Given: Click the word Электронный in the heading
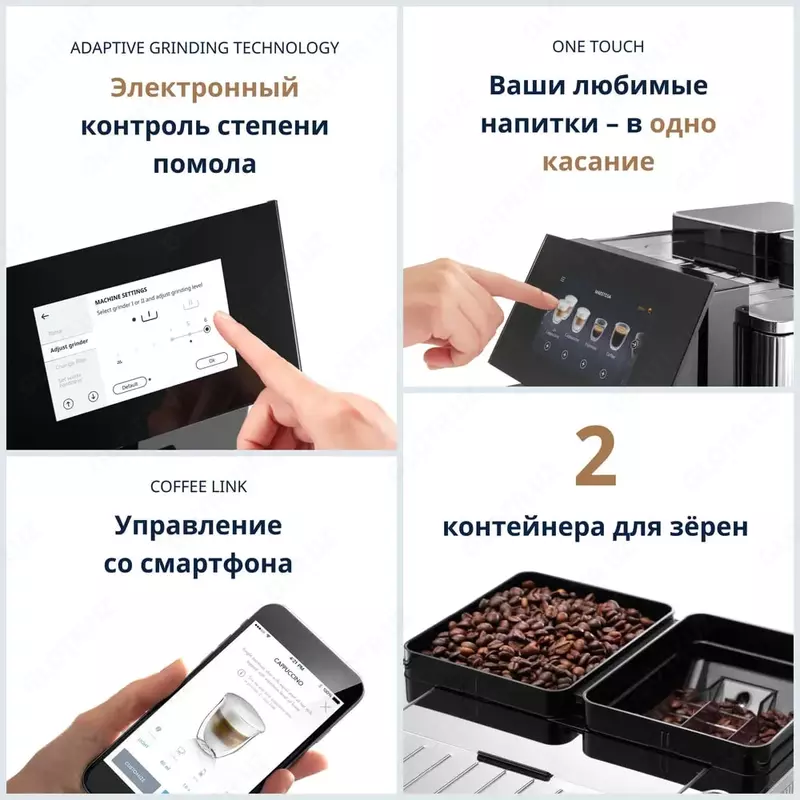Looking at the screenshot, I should tap(204, 88).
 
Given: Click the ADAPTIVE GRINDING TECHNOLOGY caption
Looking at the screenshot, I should tap(204, 48).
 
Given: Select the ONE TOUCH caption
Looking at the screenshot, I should tap(598, 48).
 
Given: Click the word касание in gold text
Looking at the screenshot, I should tap(598, 162).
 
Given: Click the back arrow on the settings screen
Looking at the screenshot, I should tap(44, 314).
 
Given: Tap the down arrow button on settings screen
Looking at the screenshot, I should tap(93, 396).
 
